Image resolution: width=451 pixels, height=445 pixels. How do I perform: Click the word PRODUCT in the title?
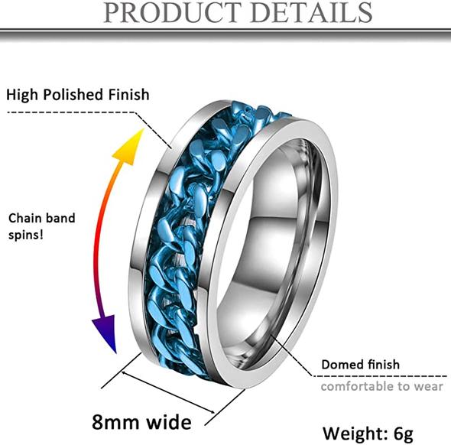point(172,12)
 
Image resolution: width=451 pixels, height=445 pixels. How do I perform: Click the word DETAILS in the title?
point(312,12)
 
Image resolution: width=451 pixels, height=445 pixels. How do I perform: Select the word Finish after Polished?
point(128,94)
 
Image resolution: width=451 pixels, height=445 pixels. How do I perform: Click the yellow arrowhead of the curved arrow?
point(130,148)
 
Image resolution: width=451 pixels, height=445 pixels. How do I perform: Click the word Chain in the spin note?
point(25,218)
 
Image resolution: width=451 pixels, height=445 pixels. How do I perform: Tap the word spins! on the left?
point(26,235)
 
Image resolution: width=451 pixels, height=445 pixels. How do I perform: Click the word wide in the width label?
point(169,422)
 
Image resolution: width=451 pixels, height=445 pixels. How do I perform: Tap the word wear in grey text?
point(429,387)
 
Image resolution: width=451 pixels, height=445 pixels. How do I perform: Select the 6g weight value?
point(404,434)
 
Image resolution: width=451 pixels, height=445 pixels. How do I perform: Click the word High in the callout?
point(22,95)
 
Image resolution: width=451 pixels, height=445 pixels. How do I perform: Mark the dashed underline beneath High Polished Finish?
point(71,112)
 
